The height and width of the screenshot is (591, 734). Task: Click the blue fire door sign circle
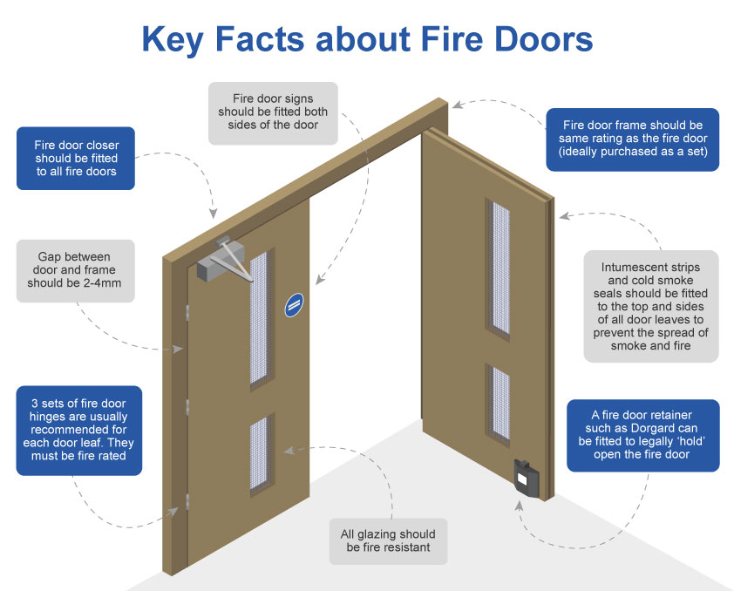pyautogui.click(x=295, y=304)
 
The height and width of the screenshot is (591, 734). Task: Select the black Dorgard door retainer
pyautogui.click(x=527, y=478)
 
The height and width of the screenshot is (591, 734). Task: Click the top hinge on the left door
pyautogui.click(x=188, y=310)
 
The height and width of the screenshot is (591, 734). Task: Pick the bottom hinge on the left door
pyautogui.click(x=187, y=500)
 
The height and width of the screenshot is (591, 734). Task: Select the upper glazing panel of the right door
pyautogui.click(x=500, y=266)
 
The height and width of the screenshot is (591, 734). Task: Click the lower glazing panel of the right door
pyautogui.click(x=500, y=402)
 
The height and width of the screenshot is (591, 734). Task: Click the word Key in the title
pyautogui.click(x=175, y=40)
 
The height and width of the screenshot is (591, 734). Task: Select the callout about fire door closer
pyautogui.click(x=77, y=159)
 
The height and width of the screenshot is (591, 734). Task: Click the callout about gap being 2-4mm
pyautogui.click(x=76, y=271)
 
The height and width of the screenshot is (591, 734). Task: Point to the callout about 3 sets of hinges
pyautogui.click(x=78, y=431)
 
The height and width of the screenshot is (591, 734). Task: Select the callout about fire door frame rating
pyautogui.click(x=633, y=139)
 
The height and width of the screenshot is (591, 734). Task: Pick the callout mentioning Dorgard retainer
pyautogui.click(x=642, y=435)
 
